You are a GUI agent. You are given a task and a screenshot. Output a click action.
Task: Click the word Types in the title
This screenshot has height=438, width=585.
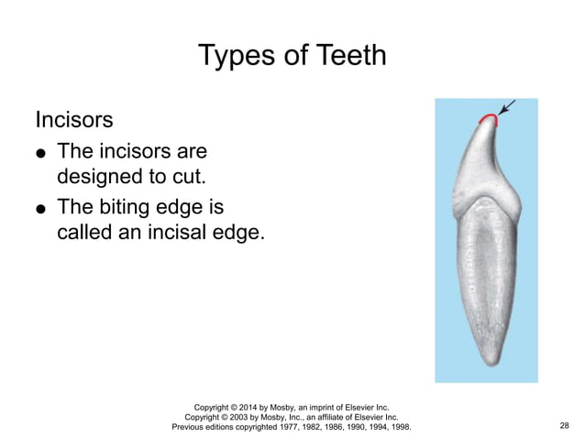[235, 55]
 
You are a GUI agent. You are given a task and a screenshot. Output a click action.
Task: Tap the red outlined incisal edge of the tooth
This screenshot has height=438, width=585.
[487, 117]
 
